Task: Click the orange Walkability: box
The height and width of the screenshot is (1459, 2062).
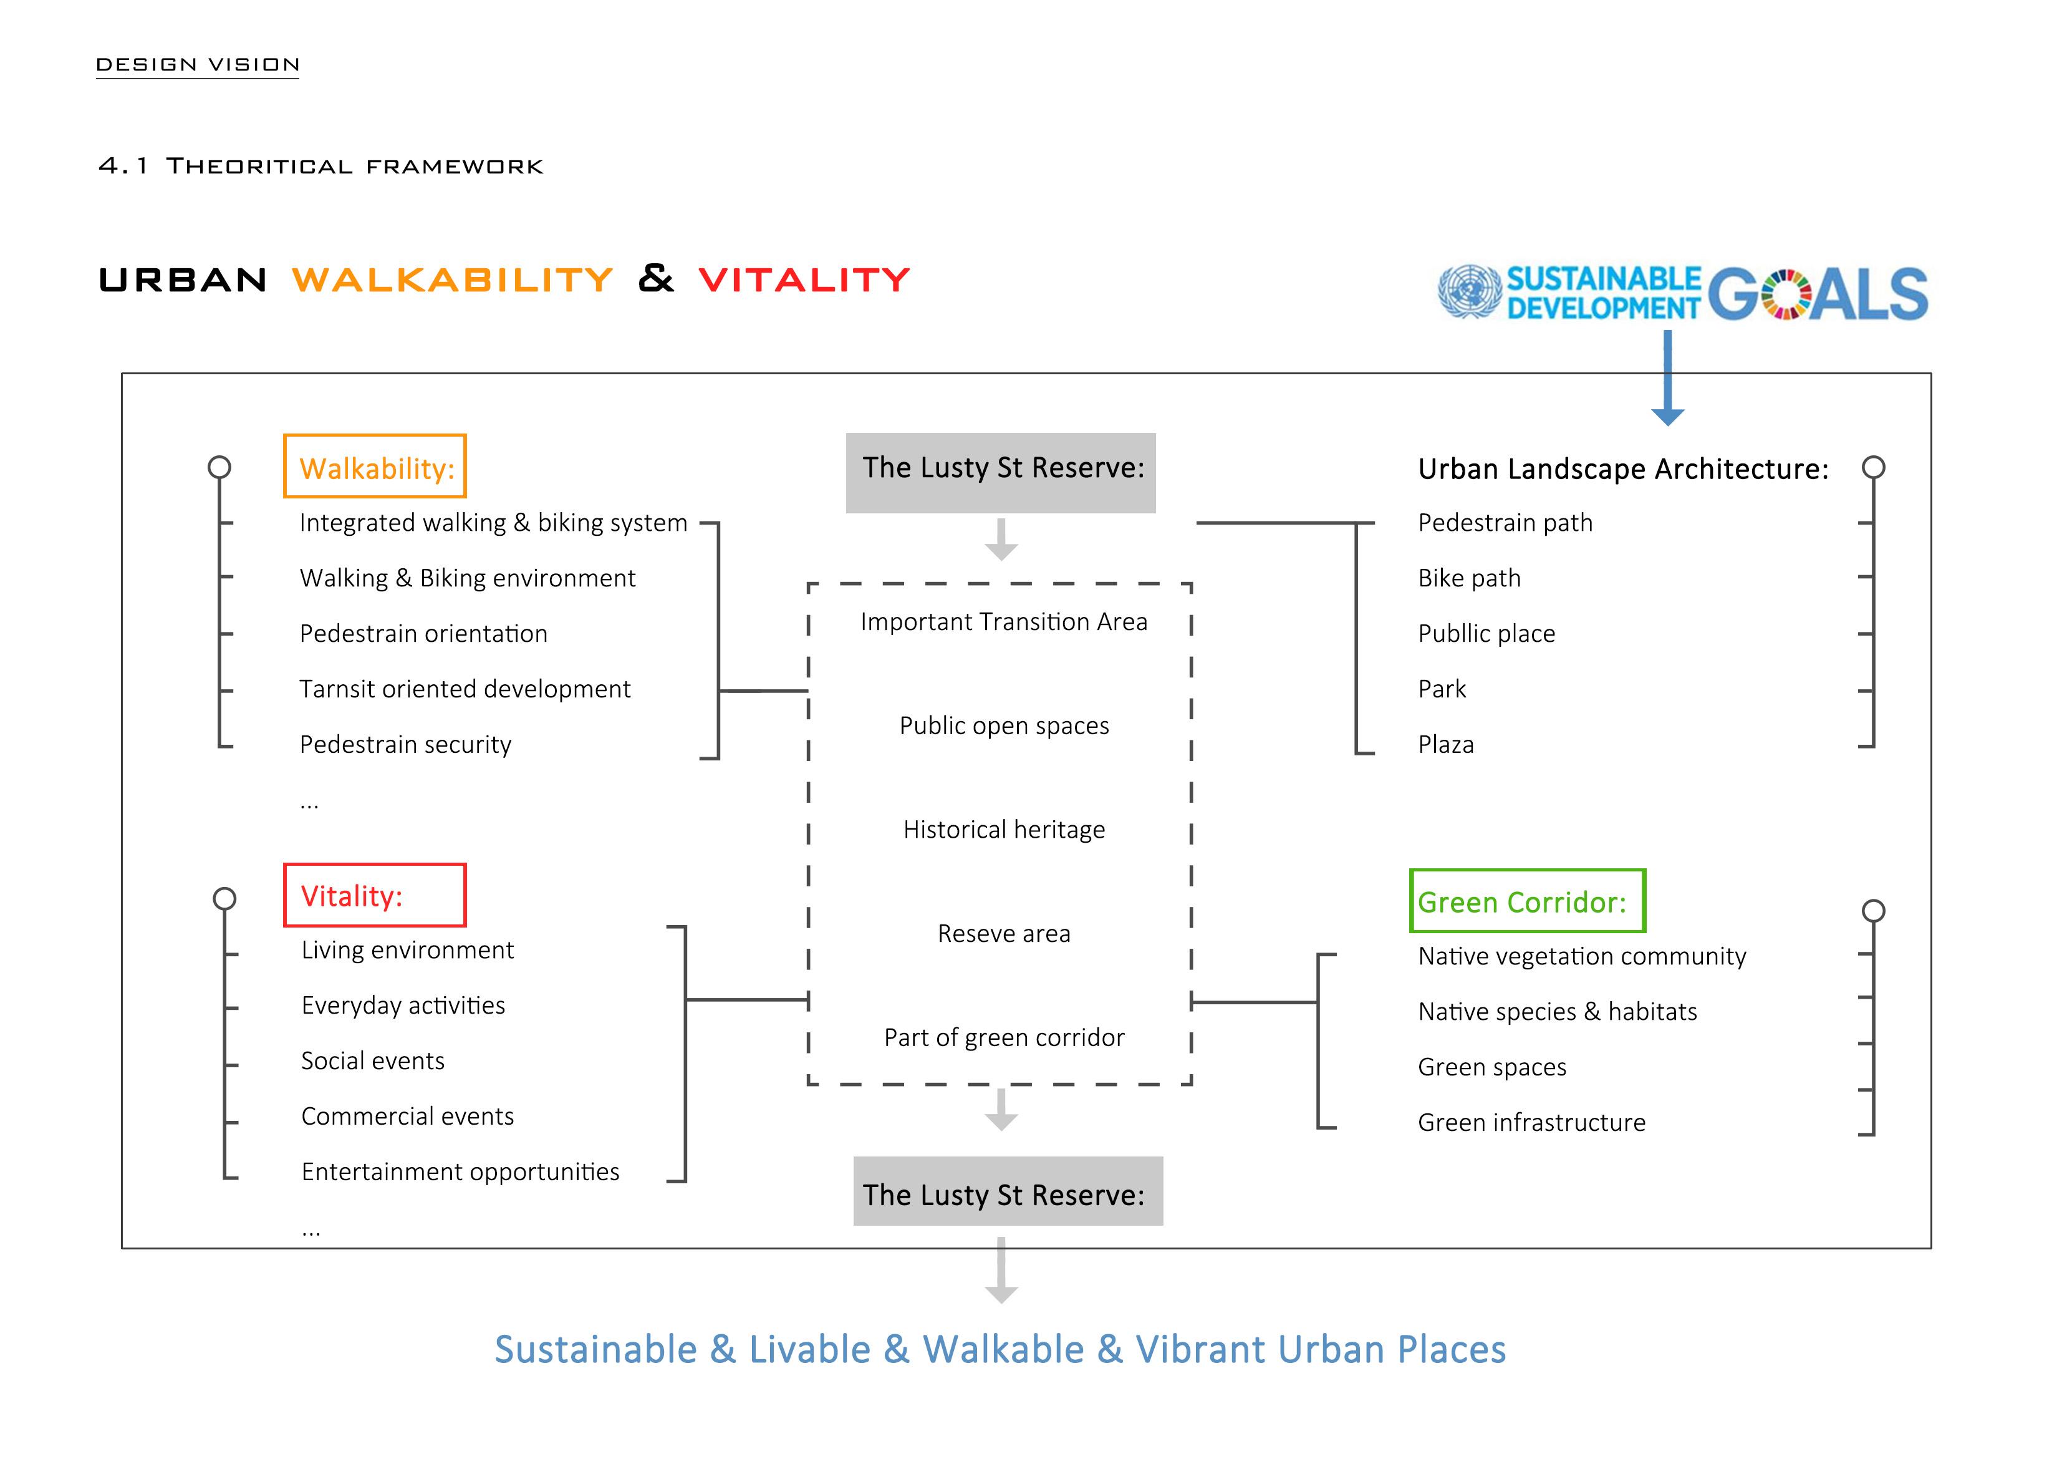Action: (375, 467)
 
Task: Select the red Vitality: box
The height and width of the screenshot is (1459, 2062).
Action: (375, 895)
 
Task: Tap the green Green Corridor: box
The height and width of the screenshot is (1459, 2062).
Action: (1527, 900)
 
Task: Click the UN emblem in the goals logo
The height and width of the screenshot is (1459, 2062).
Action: (1469, 291)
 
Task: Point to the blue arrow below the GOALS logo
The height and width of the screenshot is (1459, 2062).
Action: (1668, 377)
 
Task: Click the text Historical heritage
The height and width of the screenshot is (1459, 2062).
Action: (1003, 829)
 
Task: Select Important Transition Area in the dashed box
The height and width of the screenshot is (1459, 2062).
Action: (1003, 622)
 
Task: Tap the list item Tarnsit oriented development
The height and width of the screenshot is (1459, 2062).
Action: (465, 689)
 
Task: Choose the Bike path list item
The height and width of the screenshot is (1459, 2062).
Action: (1469, 578)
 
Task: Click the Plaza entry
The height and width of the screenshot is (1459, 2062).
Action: (1446, 745)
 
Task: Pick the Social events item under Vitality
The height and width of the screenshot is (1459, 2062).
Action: (373, 1061)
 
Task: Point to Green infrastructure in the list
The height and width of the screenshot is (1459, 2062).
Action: (1531, 1122)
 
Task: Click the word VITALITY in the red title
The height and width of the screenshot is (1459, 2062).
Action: (804, 280)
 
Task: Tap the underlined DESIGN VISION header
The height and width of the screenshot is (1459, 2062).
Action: (198, 65)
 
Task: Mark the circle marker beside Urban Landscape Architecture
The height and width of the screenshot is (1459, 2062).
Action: (1874, 467)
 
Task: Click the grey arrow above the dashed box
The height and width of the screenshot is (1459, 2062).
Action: (1001, 539)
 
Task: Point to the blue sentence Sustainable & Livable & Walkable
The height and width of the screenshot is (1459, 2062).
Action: (1000, 1349)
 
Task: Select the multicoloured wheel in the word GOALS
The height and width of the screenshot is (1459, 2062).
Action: (1785, 294)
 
